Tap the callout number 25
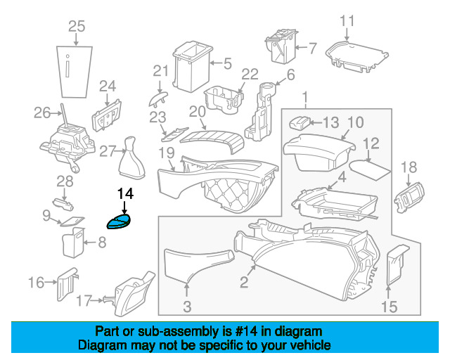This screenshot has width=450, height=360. pos(76,27)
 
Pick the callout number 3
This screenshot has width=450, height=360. pos(187,306)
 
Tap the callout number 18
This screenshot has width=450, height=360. pos(409,167)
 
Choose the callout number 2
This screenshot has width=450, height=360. pos(244,283)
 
